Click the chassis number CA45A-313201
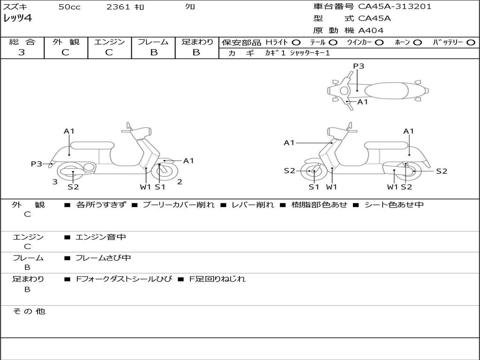(395, 7)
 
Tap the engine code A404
(371, 30)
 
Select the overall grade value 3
(22, 52)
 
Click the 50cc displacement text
(69, 7)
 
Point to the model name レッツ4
(18, 18)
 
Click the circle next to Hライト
(296, 43)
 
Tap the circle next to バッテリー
(471, 43)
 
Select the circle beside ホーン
(417, 43)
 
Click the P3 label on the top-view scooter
(359, 66)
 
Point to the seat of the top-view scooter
(386, 91)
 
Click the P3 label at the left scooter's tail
(37, 164)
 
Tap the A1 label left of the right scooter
(289, 142)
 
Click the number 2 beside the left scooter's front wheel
(180, 182)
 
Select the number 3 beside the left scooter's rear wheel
(55, 182)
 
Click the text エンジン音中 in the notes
(101, 237)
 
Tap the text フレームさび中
(103, 258)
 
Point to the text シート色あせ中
(394, 204)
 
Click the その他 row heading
(29, 311)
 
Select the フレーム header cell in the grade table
(153, 42)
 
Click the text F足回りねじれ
(217, 279)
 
